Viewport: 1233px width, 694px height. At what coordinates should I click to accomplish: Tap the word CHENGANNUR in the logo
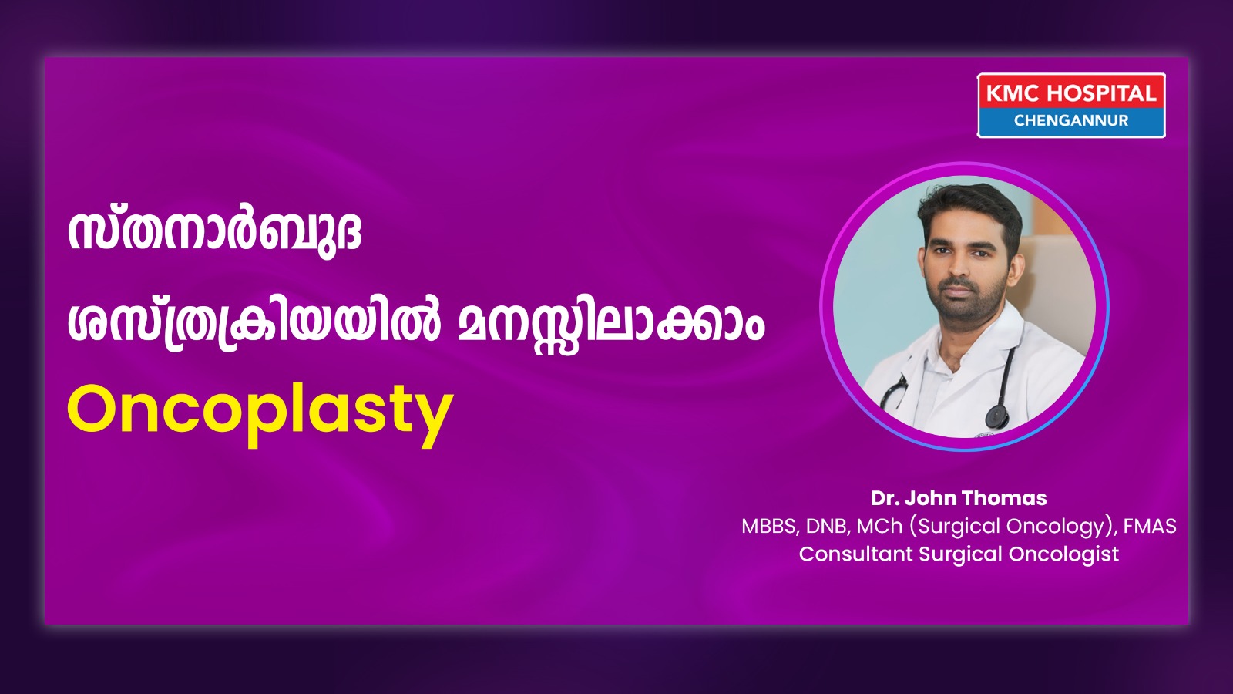coord(1071,120)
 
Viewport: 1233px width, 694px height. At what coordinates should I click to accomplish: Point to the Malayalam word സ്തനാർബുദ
coord(215,231)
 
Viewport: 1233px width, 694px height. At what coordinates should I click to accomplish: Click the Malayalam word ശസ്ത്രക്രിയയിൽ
coord(254,325)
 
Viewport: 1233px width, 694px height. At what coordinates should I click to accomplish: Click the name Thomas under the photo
coord(1004,498)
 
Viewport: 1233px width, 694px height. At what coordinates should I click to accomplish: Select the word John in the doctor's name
coord(930,498)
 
